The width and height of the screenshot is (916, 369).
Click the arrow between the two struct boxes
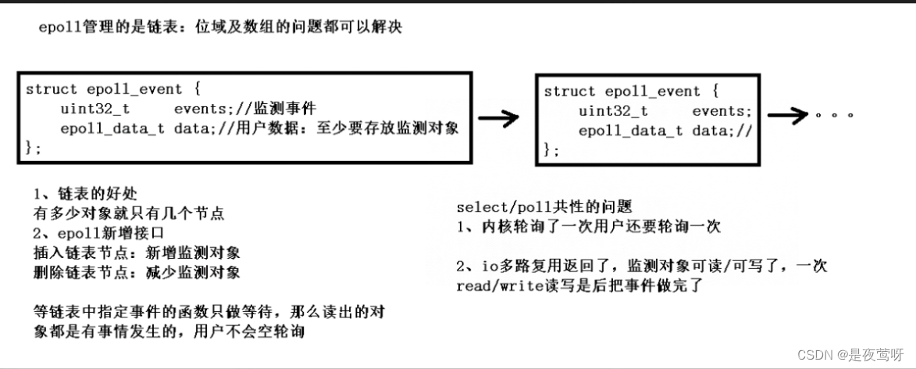coord(498,119)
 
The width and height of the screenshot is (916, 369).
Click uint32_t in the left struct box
coord(89,109)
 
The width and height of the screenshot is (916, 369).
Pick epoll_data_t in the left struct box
coord(112,128)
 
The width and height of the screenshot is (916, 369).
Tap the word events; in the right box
coord(721,111)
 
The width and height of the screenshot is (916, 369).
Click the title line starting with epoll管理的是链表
coord(221,28)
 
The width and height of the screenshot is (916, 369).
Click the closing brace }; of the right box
coord(551,150)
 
